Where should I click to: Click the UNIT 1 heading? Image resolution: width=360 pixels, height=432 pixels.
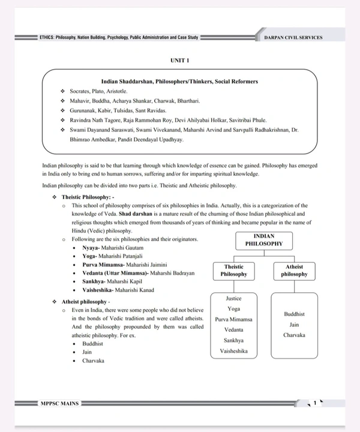click(179, 61)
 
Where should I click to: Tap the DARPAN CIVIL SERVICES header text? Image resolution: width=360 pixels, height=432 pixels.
click(293, 37)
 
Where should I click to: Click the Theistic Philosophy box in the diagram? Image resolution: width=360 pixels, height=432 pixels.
click(233, 270)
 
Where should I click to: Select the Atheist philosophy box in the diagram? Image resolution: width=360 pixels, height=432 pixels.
click(294, 270)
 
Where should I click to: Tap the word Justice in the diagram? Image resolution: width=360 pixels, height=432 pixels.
click(233, 298)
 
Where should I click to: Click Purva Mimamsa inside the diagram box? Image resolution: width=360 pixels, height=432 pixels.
click(233, 319)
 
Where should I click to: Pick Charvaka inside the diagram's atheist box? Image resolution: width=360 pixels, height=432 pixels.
click(294, 335)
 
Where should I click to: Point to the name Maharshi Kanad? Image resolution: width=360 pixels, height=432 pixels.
click(134, 290)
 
